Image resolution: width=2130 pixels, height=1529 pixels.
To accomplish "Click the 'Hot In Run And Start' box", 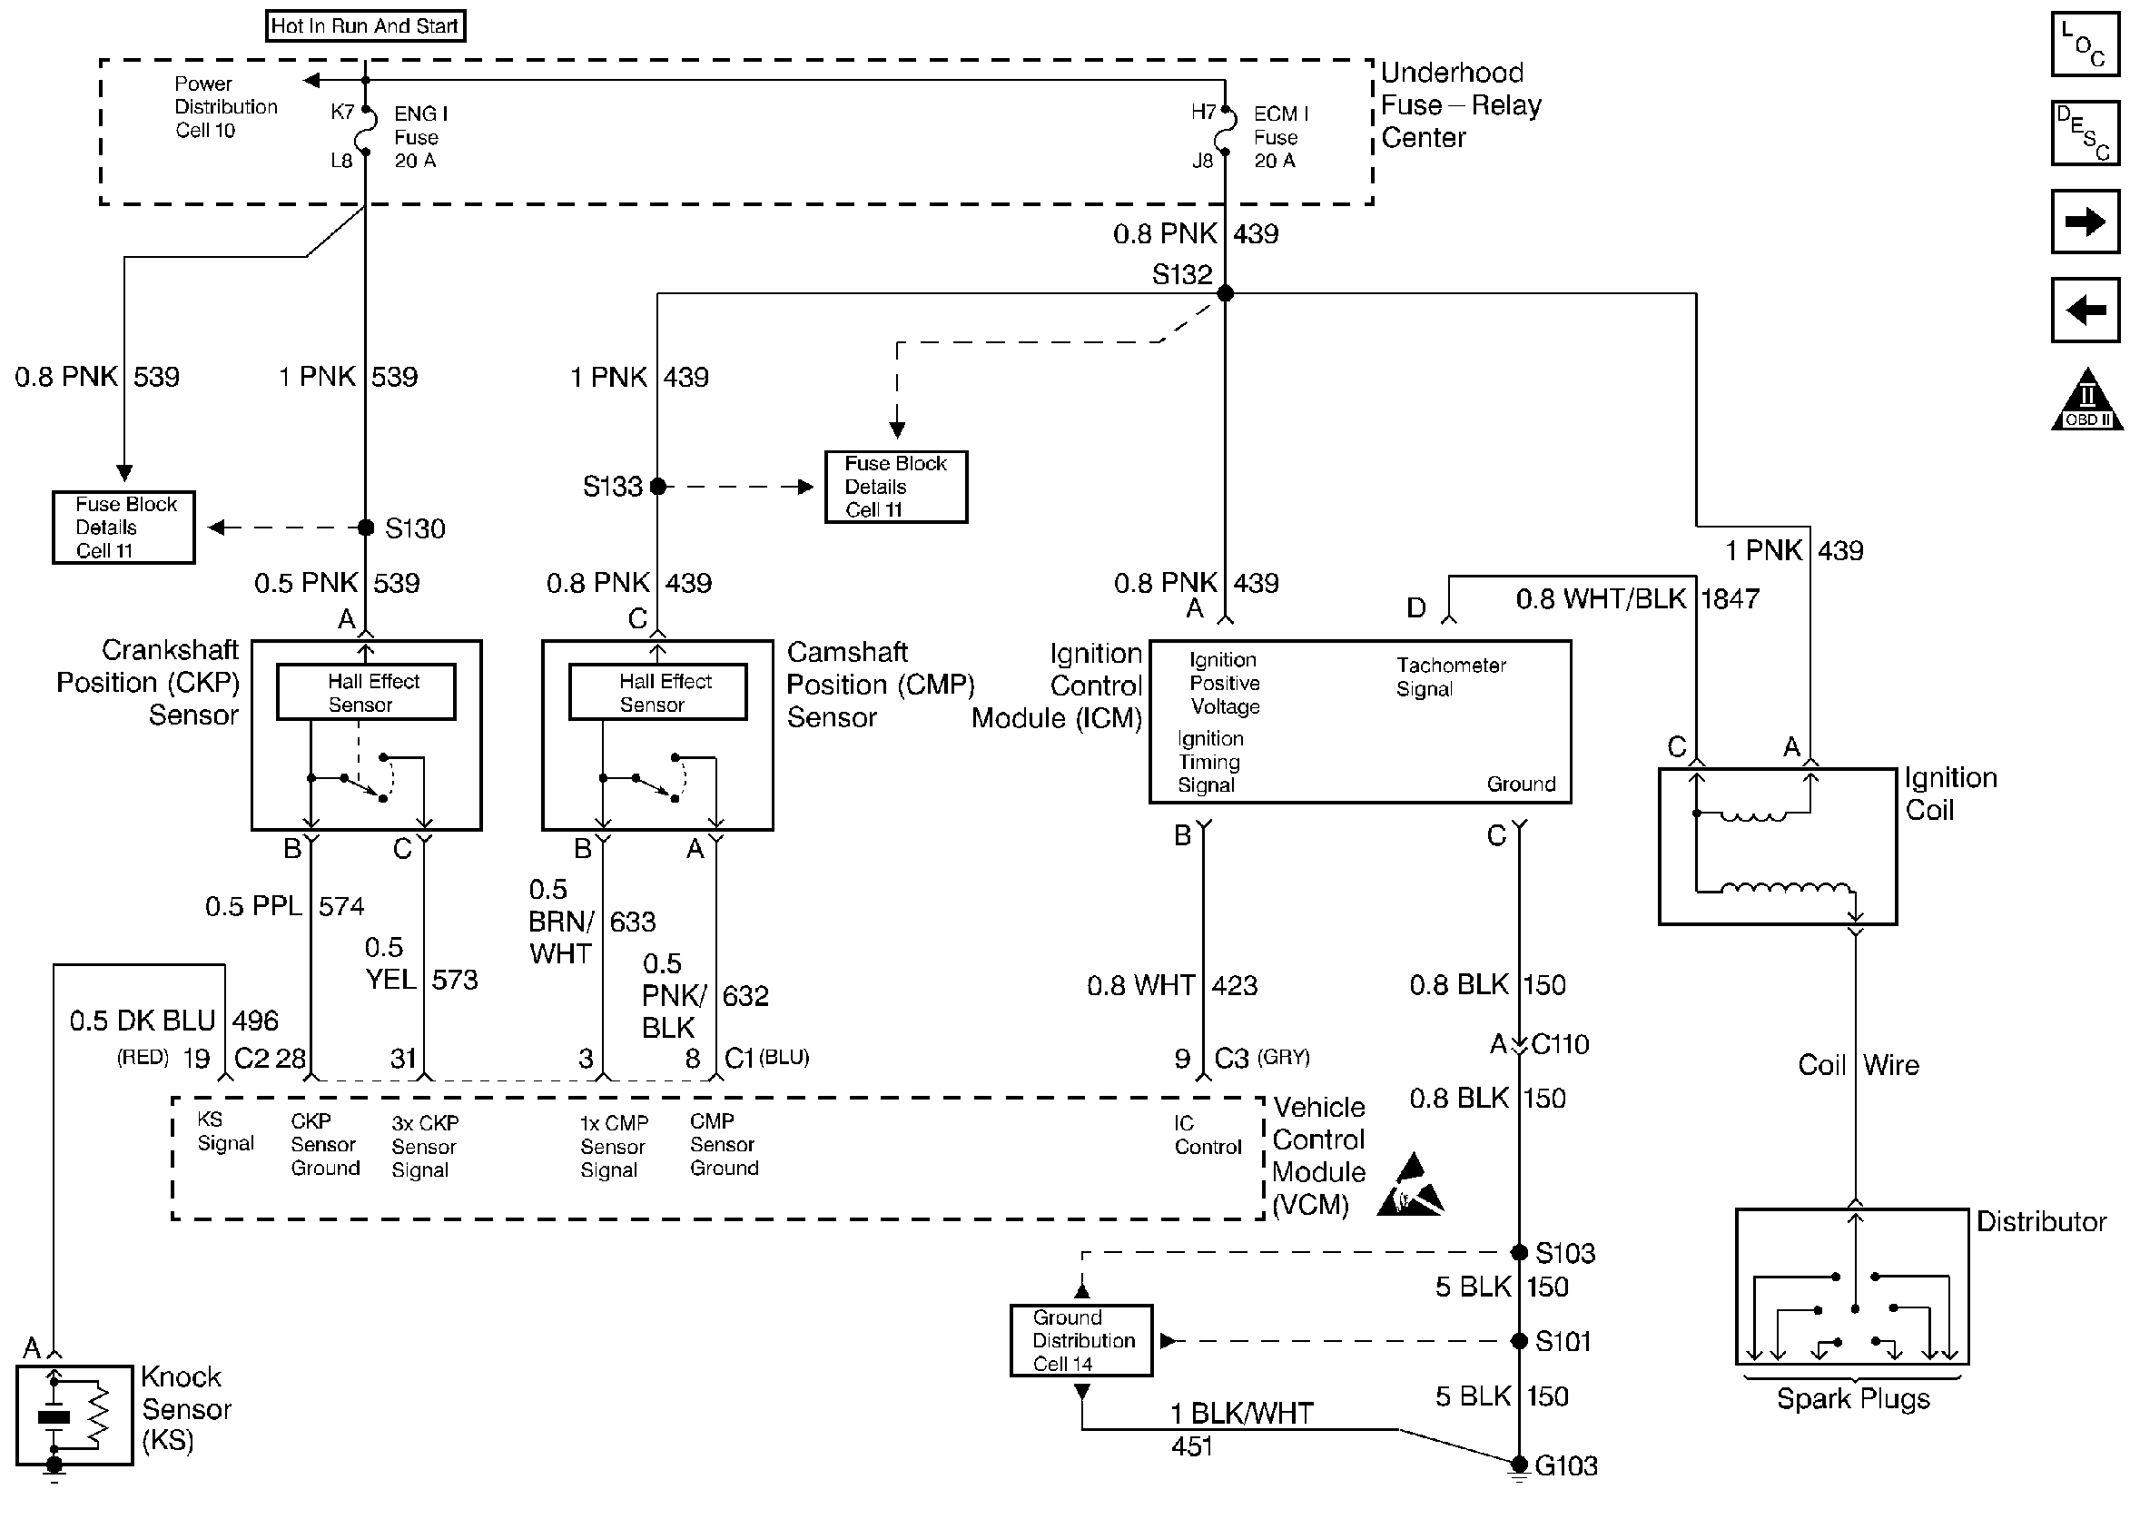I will pos(365,25).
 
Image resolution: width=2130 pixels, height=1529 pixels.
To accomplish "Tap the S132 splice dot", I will pos(1225,293).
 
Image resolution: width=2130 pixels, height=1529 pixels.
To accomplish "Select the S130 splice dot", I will pos(366,528).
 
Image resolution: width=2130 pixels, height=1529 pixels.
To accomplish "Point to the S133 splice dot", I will pos(657,487).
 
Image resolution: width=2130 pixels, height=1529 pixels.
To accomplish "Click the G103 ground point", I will pos(1519,1465).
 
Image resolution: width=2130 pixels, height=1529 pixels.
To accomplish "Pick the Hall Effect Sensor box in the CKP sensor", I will pos(366,692).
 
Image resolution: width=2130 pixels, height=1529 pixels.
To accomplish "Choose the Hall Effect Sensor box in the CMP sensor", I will pos(657,692).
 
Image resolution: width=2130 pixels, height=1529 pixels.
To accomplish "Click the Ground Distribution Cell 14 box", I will pos(1081,1340).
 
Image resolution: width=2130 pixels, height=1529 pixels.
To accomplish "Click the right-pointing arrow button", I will pos(2085,222).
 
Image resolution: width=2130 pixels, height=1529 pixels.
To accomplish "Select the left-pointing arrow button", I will pos(2085,309).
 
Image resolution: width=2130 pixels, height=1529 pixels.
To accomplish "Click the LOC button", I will pos(2085,44).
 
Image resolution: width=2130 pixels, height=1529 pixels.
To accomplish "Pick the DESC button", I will pos(2085,133).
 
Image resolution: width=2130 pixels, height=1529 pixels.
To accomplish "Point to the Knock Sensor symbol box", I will pos(74,1415).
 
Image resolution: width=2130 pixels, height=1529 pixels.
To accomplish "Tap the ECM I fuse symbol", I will pos(1225,137).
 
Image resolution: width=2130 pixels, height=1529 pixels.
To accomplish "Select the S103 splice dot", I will pos(1519,1252).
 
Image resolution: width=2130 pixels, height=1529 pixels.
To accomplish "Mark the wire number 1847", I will pos(1731,598).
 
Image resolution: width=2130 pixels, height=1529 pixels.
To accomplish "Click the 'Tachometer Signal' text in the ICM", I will pos(1450,677).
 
